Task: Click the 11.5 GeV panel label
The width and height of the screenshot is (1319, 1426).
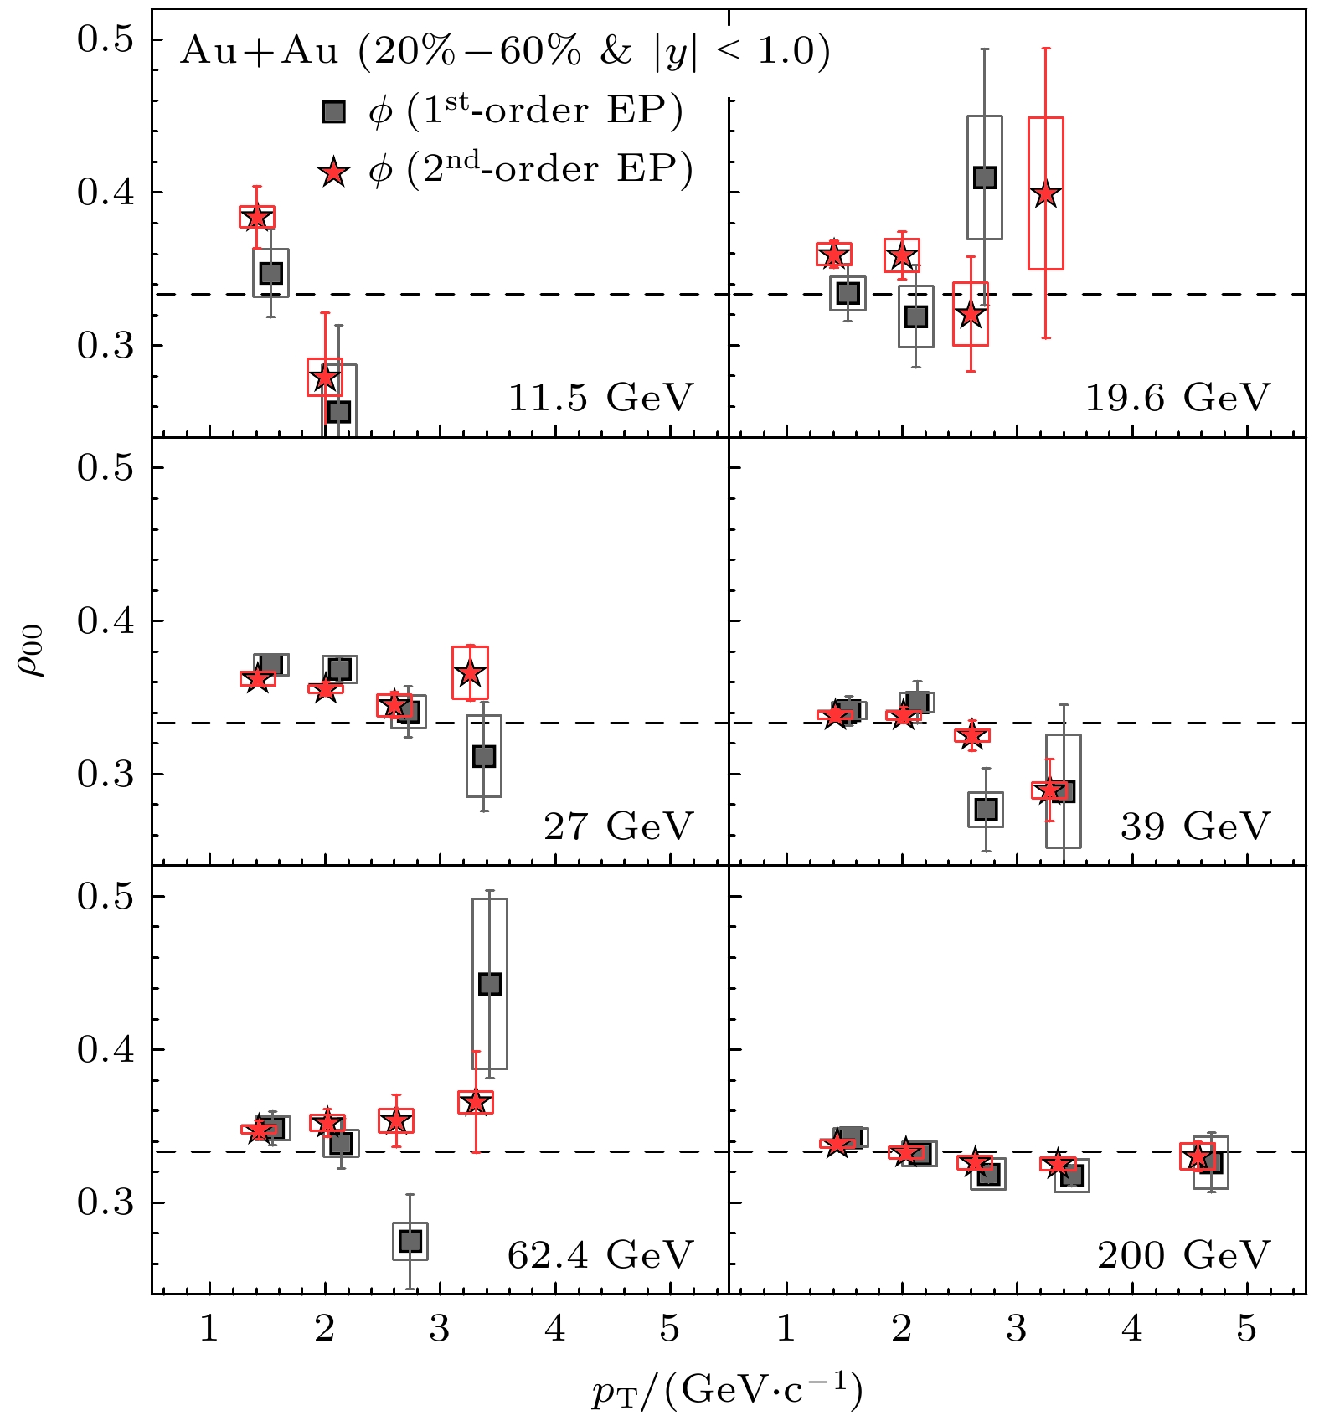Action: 600,398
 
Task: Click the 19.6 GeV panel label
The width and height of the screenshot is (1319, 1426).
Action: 1177,398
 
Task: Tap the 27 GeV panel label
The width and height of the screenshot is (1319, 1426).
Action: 618,826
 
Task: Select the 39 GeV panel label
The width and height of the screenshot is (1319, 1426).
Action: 1195,826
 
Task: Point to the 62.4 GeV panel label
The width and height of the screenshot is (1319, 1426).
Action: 600,1255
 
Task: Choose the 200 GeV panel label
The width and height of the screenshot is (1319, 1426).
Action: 1183,1255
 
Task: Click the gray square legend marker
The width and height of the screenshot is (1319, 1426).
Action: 334,112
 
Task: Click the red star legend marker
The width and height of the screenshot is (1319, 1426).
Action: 334,172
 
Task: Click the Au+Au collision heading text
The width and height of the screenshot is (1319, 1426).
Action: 505,52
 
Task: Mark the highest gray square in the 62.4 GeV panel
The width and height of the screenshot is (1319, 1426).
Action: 490,984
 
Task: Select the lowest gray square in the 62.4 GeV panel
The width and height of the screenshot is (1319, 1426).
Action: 410,1241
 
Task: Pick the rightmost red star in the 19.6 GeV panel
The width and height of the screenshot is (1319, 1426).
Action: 1046,194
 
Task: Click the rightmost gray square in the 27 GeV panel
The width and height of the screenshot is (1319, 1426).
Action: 484,756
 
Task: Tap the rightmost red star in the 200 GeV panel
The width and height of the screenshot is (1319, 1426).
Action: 1198,1157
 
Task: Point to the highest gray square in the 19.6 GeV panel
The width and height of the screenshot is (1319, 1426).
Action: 985,178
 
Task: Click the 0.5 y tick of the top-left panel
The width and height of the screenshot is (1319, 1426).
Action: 106,39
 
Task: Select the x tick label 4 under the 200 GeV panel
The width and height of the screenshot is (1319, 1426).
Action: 1131,1329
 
